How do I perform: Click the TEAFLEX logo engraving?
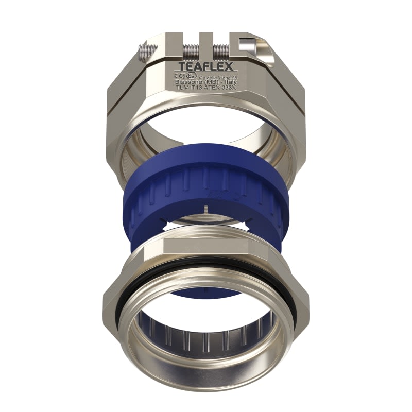coord(206,66)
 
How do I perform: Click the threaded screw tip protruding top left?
coord(146,52)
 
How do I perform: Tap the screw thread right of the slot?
coord(221,51)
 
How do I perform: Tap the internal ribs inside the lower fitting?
coord(206,340)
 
